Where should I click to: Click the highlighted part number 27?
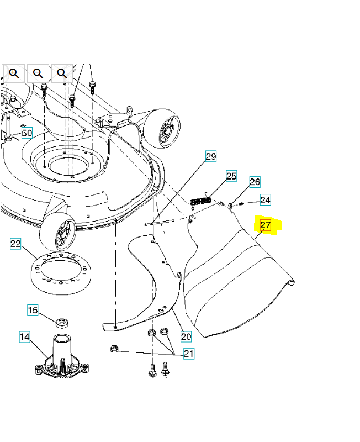point(265,225)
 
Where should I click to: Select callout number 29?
point(211,156)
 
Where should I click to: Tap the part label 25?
point(231,176)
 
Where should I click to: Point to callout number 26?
point(255,182)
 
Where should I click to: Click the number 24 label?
point(265,200)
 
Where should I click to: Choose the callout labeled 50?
point(27,133)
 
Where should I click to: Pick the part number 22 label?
point(15,244)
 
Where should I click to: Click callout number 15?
point(33,310)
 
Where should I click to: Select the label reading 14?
point(24,336)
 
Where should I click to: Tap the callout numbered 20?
point(186,336)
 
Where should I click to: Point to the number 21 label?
point(189,353)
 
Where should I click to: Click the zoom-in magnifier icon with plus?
point(14,73)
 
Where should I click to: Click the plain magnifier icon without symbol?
point(62,73)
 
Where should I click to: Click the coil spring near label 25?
point(200,202)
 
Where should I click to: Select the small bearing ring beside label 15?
point(62,323)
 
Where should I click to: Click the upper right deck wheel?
point(162,128)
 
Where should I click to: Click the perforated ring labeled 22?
point(61,273)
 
